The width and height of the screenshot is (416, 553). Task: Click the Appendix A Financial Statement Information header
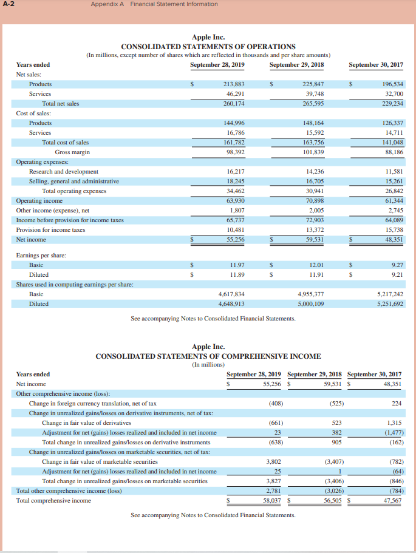154,4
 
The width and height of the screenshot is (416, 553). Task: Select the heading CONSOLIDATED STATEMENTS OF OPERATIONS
208,47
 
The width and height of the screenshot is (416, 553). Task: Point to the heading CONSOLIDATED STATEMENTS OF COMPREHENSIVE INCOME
208,356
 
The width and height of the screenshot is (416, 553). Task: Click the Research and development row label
64,172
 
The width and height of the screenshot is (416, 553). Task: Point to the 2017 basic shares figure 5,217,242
390,294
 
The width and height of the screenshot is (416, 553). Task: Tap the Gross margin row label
72,152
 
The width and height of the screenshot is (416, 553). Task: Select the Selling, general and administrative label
74,181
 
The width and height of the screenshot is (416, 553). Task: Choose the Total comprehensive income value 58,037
271,500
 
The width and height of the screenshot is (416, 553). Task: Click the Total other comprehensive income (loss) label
69,490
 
